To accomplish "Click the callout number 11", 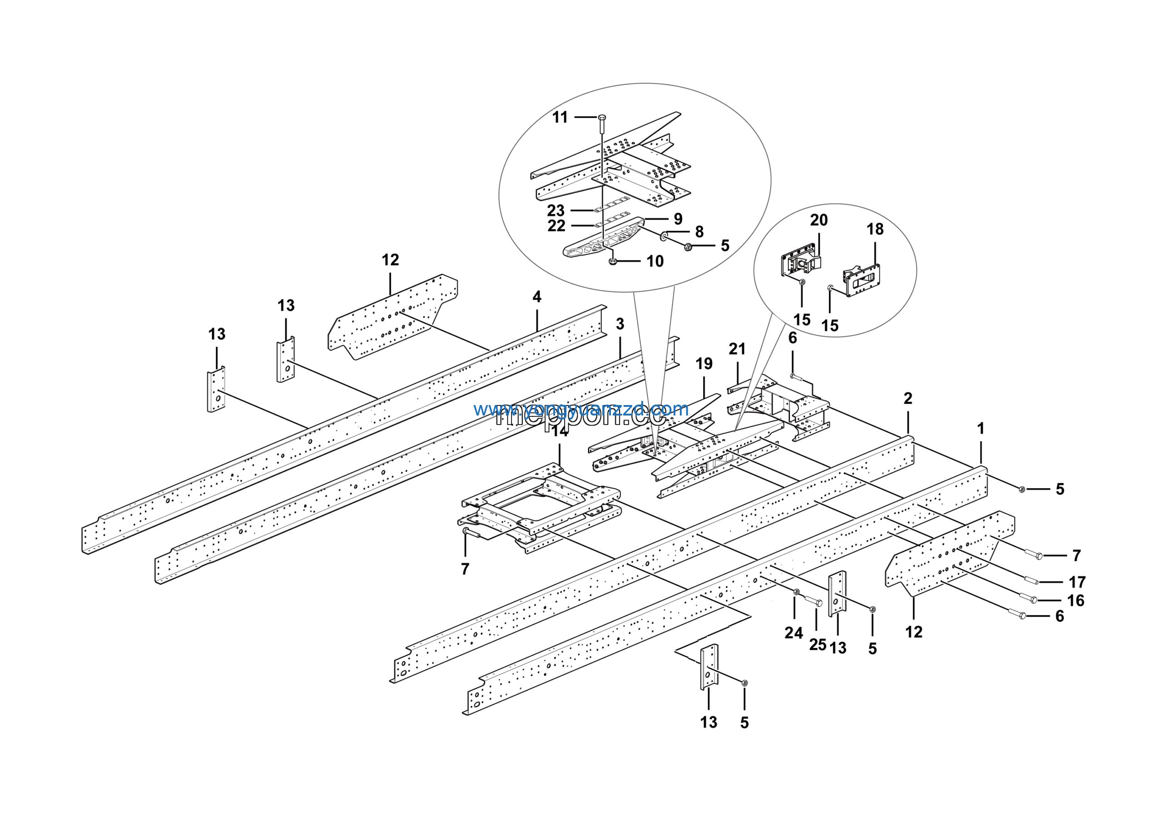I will coord(560,118).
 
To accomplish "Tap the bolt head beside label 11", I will coord(602,118).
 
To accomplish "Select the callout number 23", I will coord(556,211).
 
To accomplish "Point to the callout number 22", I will coord(556,226).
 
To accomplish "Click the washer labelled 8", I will coord(664,237).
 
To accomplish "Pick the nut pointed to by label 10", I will coord(613,261).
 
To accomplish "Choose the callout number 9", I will coord(678,219).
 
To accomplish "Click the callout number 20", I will coord(819,220).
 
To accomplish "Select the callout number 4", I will coord(537,297).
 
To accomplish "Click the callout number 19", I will coord(704,363).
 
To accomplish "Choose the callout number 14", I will coord(559,431).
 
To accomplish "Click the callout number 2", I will coord(908,398).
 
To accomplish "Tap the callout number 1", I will coord(980,428).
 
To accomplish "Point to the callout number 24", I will coord(793,633).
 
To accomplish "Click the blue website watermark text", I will coord(581,409).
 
